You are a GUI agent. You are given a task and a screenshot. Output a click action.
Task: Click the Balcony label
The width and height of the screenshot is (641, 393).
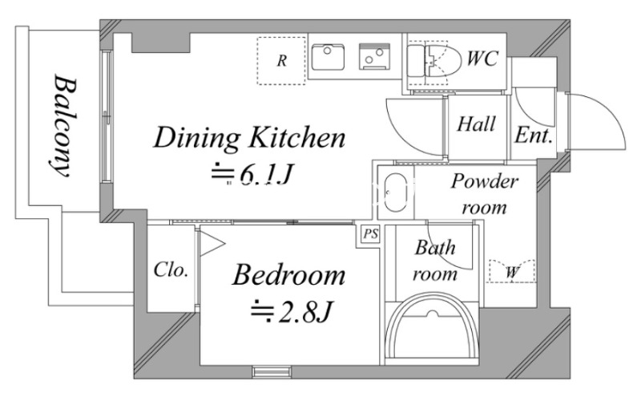point(62,126)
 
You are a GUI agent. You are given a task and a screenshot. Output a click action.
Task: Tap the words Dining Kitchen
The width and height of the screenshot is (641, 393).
point(250,138)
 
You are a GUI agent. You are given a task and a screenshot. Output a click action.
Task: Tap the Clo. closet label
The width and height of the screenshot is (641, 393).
point(171,269)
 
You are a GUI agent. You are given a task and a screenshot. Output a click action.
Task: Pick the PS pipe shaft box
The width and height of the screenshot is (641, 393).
point(370,234)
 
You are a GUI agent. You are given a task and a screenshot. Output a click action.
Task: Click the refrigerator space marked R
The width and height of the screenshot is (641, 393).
point(281,61)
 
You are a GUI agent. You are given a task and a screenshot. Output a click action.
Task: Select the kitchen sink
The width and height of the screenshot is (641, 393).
point(328,57)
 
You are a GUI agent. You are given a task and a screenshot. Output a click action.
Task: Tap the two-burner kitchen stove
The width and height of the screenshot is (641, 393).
point(374,56)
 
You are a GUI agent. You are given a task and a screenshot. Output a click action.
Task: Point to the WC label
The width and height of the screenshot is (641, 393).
point(482,58)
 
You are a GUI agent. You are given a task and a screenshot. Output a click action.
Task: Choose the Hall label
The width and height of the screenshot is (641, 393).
point(476,124)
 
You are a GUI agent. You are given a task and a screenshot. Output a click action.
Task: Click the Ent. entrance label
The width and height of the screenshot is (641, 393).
point(534,135)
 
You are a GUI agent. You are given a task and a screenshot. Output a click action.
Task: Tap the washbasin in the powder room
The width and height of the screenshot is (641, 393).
point(395,192)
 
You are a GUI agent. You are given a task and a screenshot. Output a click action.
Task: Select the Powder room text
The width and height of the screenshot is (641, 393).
point(485,194)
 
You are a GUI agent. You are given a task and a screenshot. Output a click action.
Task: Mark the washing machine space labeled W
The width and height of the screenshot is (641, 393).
point(512,270)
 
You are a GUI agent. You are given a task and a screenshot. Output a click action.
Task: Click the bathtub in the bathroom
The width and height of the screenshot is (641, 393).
point(433,328)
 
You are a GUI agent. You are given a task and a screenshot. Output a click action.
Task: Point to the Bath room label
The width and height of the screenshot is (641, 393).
point(434,261)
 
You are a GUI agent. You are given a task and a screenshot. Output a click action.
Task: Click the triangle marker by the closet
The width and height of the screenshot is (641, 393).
point(212,244)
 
